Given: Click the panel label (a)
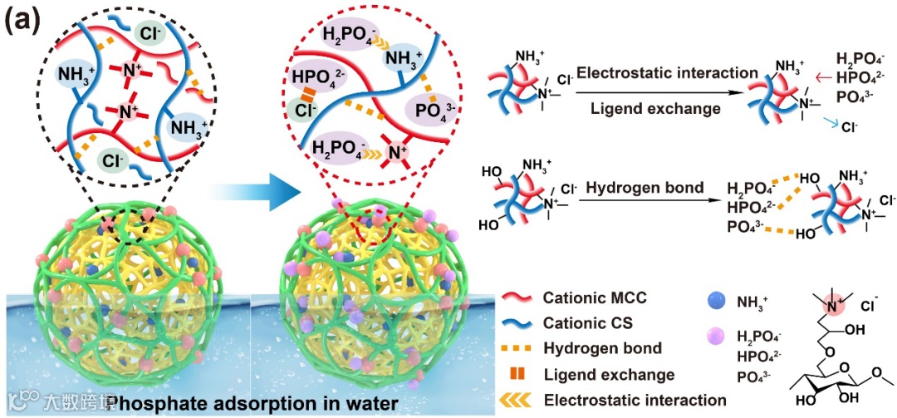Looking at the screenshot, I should click(22, 20).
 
